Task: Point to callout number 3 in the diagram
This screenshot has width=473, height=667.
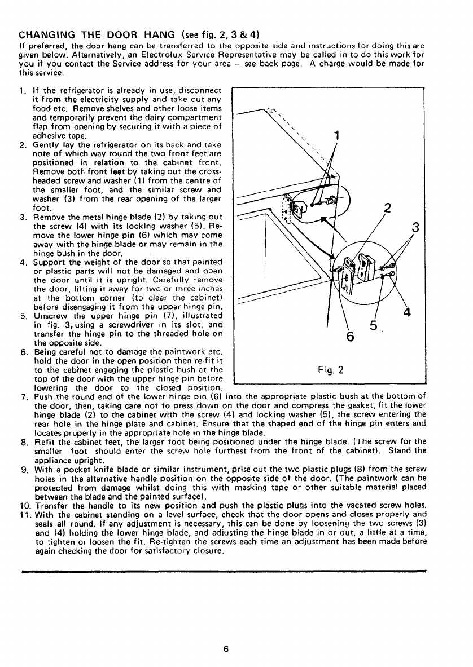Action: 417,228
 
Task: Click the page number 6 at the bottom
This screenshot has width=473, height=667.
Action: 225,648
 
